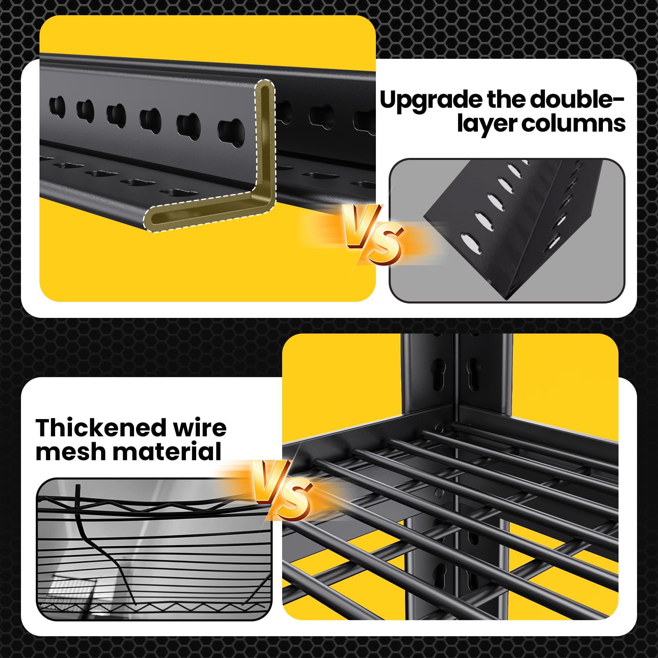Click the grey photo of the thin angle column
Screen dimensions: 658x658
coord(507,231)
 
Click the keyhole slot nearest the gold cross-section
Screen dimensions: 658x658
coord(231,131)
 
